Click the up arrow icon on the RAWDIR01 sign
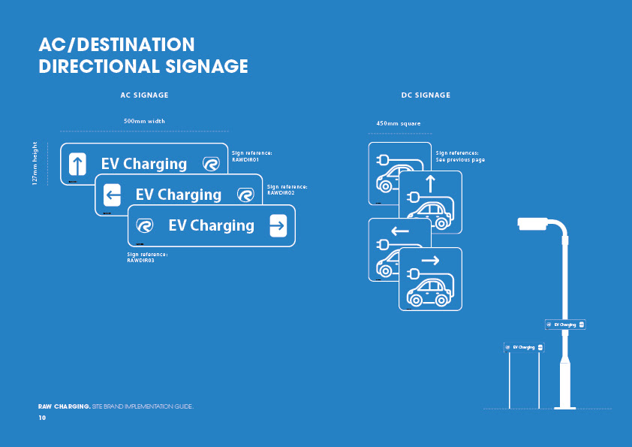[x=77, y=164]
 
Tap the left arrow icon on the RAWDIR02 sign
[x=112, y=195]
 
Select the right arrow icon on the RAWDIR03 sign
[x=278, y=225]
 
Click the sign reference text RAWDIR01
[x=245, y=159]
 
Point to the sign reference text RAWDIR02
[x=280, y=192]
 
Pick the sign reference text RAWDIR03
[x=140, y=261]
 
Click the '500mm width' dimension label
[x=144, y=121]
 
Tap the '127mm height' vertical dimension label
[x=35, y=165]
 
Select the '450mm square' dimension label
[x=399, y=123]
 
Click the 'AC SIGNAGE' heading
[x=144, y=95]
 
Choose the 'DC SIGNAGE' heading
[x=426, y=95]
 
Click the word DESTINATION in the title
[x=139, y=45]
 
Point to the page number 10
[x=42, y=417]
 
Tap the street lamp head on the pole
[x=533, y=222]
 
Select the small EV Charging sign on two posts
[x=524, y=347]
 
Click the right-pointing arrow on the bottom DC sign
[x=430, y=261]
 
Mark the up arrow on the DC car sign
[x=430, y=182]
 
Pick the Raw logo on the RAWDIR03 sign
[x=145, y=225]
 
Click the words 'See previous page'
[x=460, y=160]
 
